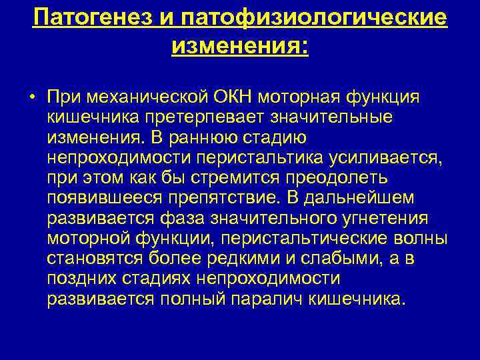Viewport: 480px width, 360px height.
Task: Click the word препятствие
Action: point(225,199)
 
